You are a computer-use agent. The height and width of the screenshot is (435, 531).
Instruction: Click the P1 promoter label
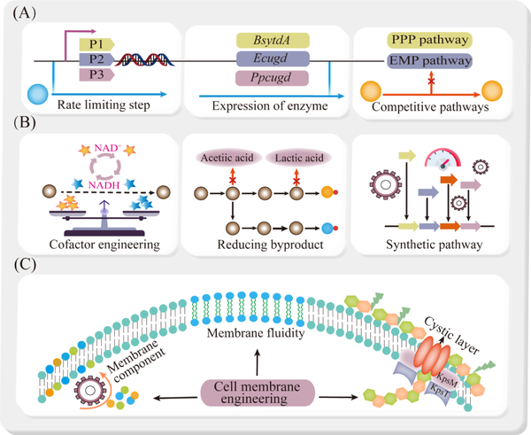click(x=96, y=42)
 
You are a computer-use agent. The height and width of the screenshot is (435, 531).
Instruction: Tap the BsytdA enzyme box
click(x=273, y=41)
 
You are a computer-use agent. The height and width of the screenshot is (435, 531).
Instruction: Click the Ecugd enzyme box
click(x=273, y=58)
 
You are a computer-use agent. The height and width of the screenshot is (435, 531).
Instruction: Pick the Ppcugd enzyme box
click(x=273, y=77)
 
